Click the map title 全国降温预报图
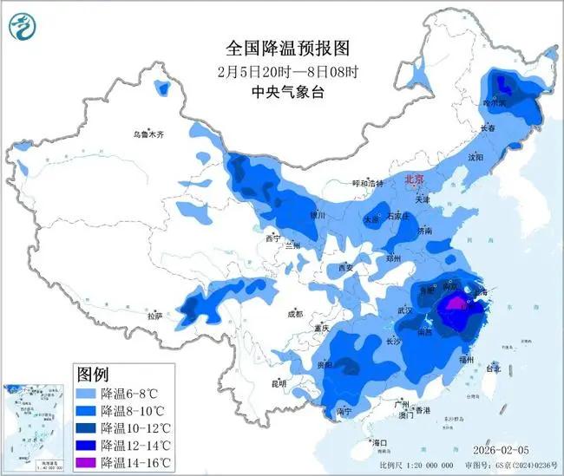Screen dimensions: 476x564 (280, 48)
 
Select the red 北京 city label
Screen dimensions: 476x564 (417, 179)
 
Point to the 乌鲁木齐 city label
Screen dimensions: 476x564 (148, 134)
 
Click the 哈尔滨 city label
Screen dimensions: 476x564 (493, 102)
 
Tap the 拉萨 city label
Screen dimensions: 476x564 (155, 317)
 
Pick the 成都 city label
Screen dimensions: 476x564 (295, 314)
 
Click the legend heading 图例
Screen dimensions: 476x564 (93, 375)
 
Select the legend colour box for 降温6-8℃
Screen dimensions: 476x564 (87, 394)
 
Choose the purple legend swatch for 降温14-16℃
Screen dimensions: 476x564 (87, 462)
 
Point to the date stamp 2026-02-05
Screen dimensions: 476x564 (514, 451)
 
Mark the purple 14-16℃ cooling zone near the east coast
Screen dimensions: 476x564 (454, 304)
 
